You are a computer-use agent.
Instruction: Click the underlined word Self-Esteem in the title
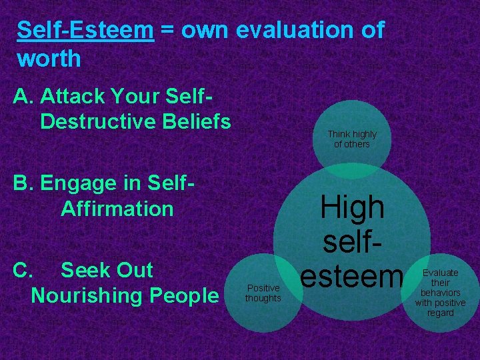tap(85, 30)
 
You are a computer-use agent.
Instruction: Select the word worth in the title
tap(49, 59)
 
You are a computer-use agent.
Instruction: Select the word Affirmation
tap(117, 208)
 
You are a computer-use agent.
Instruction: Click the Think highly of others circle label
tap(351, 139)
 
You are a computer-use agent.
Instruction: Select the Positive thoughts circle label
tap(263, 293)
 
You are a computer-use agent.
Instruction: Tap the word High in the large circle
tap(352, 208)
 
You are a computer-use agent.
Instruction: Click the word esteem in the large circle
tap(352, 275)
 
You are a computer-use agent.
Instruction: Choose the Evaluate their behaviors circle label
tap(440, 293)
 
